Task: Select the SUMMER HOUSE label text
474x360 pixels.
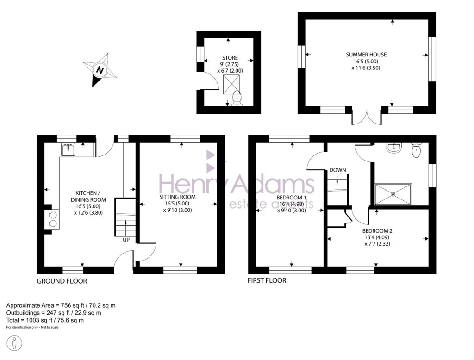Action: [366, 55]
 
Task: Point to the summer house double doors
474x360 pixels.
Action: [367, 118]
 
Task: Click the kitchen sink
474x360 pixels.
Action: [68, 149]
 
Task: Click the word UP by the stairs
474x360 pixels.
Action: [126, 240]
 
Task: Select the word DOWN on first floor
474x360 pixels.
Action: [338, 170]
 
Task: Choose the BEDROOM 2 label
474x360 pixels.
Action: [377, 230]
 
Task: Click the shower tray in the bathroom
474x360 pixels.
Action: [393, 194]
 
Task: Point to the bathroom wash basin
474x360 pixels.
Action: [394, 148]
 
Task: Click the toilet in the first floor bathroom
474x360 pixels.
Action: [417, 149]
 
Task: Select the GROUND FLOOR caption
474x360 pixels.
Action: [62, 281]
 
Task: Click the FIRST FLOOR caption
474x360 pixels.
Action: [267, 280]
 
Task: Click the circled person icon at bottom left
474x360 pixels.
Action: [16, 344]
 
